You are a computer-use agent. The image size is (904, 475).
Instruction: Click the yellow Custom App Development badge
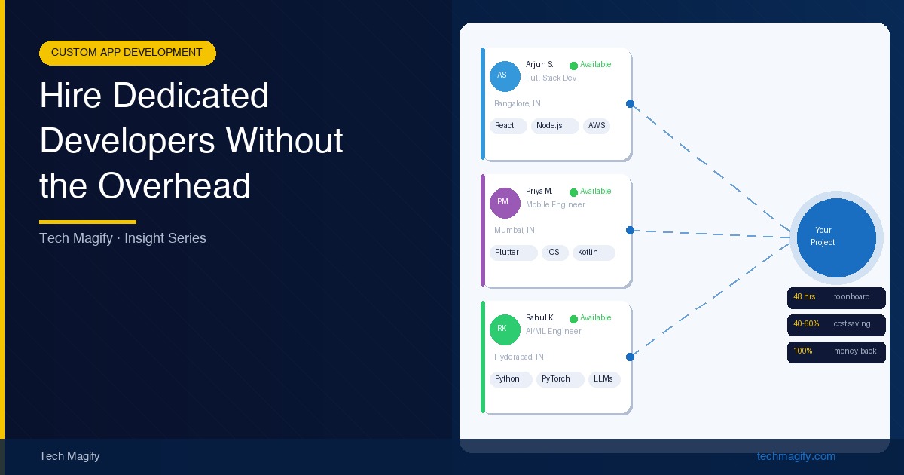click(x=127, y=53)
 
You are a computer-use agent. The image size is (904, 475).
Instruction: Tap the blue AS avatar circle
click(x=505, y=76)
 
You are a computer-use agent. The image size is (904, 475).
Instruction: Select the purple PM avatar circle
click(x=505, y=203)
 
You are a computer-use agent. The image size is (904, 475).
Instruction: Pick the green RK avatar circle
click(x=505, y=329)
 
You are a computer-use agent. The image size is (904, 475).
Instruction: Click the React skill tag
click(x=508, y=126)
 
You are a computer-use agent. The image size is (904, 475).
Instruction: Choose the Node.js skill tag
click(x=555, y=126)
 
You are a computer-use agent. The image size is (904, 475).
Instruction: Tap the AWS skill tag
click(x=597, y=126)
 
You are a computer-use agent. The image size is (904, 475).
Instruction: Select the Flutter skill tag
click(x=513, y=253)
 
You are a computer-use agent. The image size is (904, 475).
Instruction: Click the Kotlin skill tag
click(x=594, y=253)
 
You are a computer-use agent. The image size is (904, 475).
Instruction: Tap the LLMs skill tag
click(x=604, y=379)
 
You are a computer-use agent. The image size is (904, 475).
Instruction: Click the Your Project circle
click(x=836, y=237)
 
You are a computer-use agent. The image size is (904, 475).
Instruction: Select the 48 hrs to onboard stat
click(x=836, y=298)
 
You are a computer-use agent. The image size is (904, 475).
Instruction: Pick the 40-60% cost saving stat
click(x=836, y=325)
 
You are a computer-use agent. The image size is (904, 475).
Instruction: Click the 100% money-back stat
click(x=836, y=352)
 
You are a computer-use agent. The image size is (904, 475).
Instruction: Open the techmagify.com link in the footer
click(x=796, y=456)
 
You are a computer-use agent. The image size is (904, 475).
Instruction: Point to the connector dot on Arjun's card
click(x=630, y=104)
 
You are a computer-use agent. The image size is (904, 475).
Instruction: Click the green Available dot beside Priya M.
click(x=573, y=192)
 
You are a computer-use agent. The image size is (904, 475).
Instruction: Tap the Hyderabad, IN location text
click(x=519, y=357)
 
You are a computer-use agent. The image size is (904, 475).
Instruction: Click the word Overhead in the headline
click(x=174, y=185)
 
